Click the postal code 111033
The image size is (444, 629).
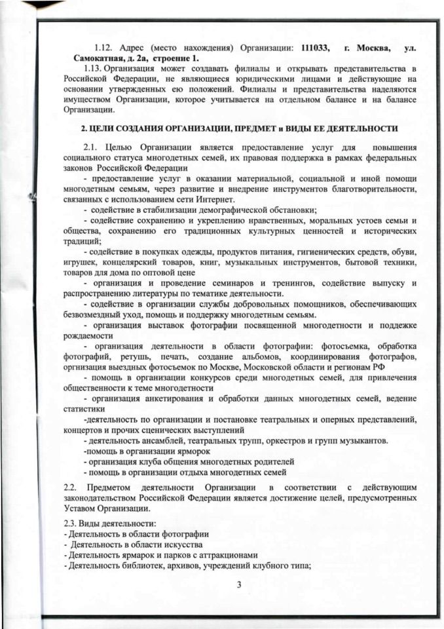315,48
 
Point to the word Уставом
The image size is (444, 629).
81,508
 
